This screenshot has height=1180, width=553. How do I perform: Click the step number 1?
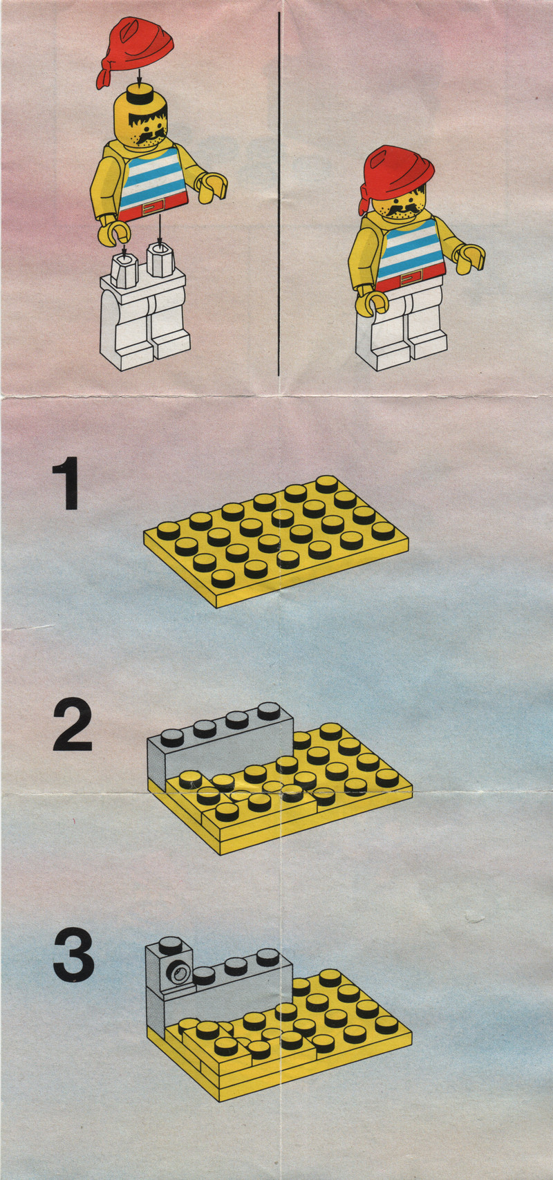tap(66, 483)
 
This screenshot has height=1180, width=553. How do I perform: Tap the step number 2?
tap(73, 724)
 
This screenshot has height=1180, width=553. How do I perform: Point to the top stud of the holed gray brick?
tap(169, 946)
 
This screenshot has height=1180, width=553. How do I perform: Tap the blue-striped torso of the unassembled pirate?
tap(153, 182)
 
